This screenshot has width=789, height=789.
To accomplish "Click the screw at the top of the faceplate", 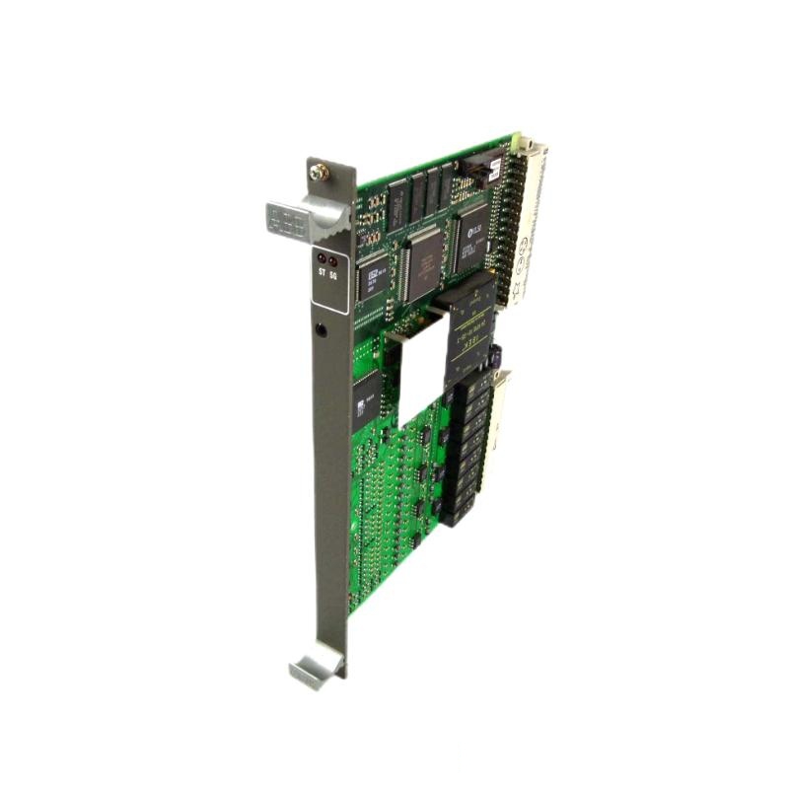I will pos(319,173).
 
